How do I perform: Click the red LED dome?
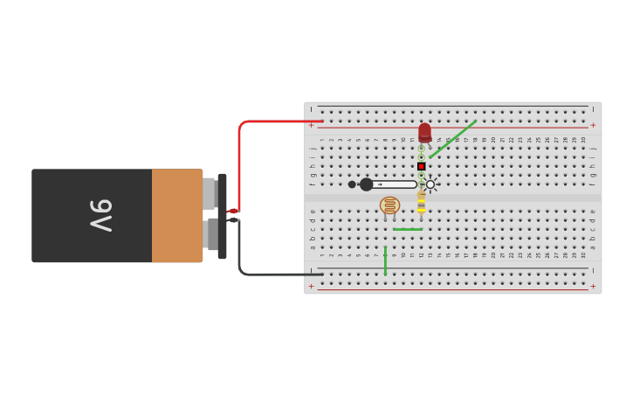(424, 131)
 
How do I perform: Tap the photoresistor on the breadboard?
(389, 205)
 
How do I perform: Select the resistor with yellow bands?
(421, 203)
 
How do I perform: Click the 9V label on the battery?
(101, 215)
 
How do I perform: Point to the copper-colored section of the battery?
(176, 215)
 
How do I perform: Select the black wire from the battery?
(262, 274)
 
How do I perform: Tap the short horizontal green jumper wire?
(407, 229)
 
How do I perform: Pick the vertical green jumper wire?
(385, 261)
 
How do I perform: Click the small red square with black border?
(421, 166)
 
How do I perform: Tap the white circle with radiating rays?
(430, 184)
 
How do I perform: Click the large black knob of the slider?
(366, 184)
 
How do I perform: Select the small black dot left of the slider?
(352, 184)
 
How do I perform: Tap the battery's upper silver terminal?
(209, 193)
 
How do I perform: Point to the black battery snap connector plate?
(223, 216)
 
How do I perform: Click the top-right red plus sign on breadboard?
(593, 125)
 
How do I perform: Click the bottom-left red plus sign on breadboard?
(311, 286)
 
